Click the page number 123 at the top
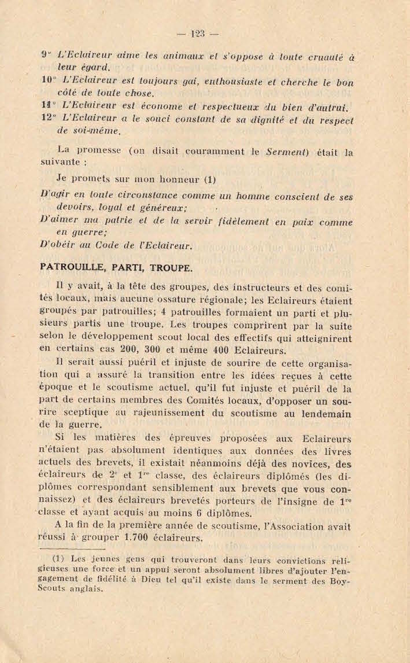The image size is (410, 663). click(198, 34)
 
